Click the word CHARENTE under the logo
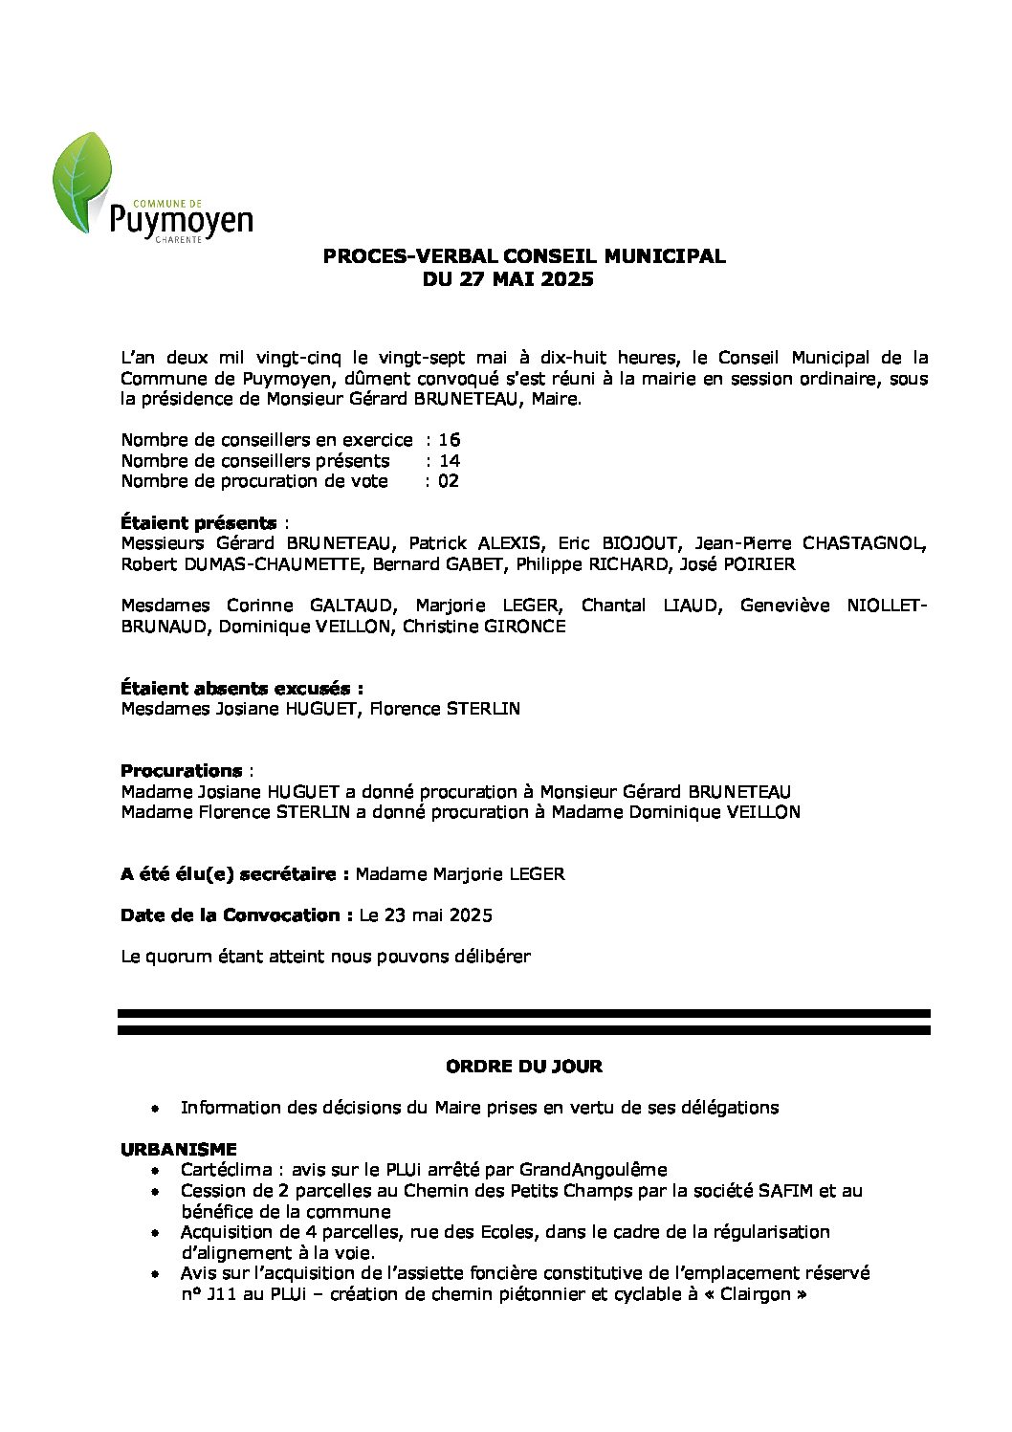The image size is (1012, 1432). point(178,239)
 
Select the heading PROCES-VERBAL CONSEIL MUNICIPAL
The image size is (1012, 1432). point(523,256)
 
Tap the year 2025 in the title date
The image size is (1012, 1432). point(566,279)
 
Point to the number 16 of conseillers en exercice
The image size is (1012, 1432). point(449,440)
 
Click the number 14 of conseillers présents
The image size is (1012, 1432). point(449,461)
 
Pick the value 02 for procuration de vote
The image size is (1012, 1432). point(448,481)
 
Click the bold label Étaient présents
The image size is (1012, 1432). point(198,523)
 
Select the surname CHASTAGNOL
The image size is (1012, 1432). point(863,543)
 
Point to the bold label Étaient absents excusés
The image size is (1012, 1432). point(241,688)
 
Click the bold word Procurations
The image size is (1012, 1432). point(181,770)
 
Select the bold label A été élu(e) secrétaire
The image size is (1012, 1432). point(233,874)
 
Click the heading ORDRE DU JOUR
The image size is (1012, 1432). point(523,1066)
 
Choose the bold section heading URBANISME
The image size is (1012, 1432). point(178,1149)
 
